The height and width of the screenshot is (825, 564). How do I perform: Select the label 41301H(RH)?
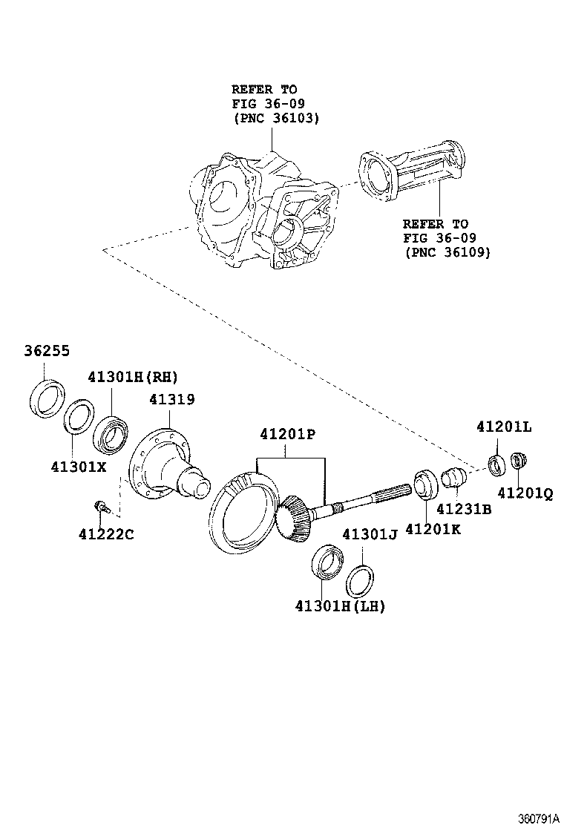[x=134, y=376]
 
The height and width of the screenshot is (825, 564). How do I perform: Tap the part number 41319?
[x=171, y=399]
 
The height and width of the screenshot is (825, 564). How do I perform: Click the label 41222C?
[x=106, y=533]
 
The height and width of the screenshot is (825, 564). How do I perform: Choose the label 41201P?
[x=288, y=435]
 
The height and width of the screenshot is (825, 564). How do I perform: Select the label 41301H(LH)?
[x=340, y=605]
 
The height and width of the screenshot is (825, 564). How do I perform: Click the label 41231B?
[x=463, y=510]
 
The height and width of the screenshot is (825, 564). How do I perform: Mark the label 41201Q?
[x=525, y=491]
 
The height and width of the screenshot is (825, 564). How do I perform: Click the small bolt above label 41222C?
[x=100, y=507]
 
